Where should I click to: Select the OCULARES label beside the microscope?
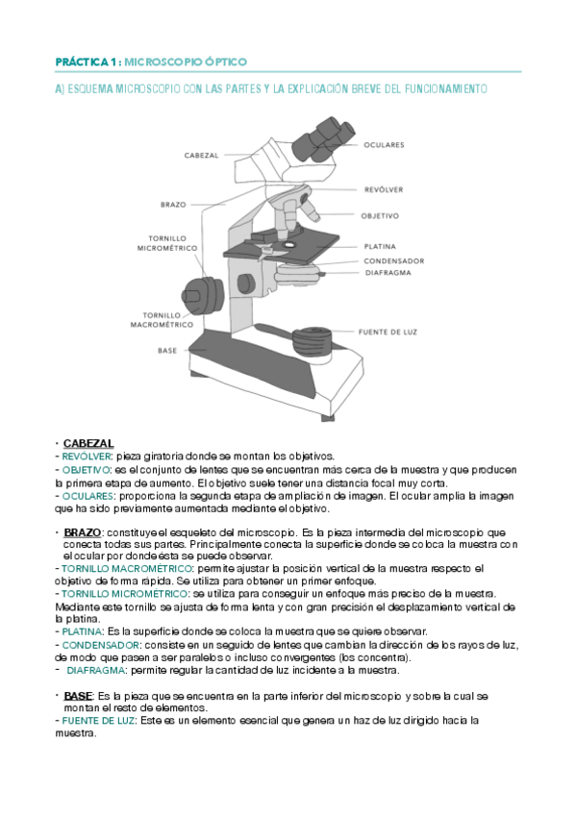point(384,145)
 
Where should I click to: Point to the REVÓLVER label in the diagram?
point(384,189)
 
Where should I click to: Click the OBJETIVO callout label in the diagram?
point(380,215)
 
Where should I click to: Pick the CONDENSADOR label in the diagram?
point(393,260)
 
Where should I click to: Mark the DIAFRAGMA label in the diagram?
point(388,272)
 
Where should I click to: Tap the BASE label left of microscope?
point(167,351)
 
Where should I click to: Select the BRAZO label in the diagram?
point(173,204)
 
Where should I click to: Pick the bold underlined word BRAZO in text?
point(83,531)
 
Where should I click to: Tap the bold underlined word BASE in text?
point(79,694)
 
